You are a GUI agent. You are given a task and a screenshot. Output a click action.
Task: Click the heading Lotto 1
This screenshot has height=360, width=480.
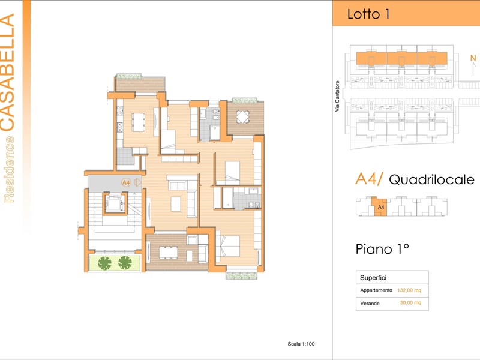point(368,14)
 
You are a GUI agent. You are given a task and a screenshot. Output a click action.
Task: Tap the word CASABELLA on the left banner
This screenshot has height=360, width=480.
point(7,72)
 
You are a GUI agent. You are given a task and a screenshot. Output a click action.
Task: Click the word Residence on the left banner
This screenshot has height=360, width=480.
point(9,169)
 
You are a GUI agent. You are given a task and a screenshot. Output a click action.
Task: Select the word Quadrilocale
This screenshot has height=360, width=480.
point(431,179)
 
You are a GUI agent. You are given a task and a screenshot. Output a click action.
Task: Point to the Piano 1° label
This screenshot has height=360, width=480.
point(382,249)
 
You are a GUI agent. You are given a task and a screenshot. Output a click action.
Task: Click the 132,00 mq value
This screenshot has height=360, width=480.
point(409,290)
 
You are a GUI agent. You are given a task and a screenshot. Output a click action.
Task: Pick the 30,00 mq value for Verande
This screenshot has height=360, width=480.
point(410,303)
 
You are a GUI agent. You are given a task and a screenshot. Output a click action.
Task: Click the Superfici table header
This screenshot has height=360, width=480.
point(373,278)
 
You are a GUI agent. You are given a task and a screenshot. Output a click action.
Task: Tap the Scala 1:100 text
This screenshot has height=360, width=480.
point(301,344)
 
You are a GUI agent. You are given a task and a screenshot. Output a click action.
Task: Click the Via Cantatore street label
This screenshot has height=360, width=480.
point(337,96)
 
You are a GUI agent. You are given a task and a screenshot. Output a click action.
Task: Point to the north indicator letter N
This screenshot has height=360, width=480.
point(473,58)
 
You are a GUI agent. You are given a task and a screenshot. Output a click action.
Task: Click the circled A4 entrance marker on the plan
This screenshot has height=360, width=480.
point(126,183)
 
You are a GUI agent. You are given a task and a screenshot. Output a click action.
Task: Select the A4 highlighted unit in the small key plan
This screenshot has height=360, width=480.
point(380,206)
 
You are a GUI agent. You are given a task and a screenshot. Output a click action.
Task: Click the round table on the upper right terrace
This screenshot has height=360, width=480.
point(242,116)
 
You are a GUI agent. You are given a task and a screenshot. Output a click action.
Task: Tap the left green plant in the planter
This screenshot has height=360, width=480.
point(104,263)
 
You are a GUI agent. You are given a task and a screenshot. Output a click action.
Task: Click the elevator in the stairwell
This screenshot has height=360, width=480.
point(114,203)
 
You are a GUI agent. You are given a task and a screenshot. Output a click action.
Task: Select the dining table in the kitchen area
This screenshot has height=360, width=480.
point(139,122)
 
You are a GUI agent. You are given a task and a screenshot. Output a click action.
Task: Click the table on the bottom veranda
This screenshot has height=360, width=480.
point(168,253)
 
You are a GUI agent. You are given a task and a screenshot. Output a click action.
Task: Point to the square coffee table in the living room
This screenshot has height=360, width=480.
point(176,204)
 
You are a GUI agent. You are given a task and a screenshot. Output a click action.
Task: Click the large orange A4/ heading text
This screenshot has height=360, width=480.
point(369,179)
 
